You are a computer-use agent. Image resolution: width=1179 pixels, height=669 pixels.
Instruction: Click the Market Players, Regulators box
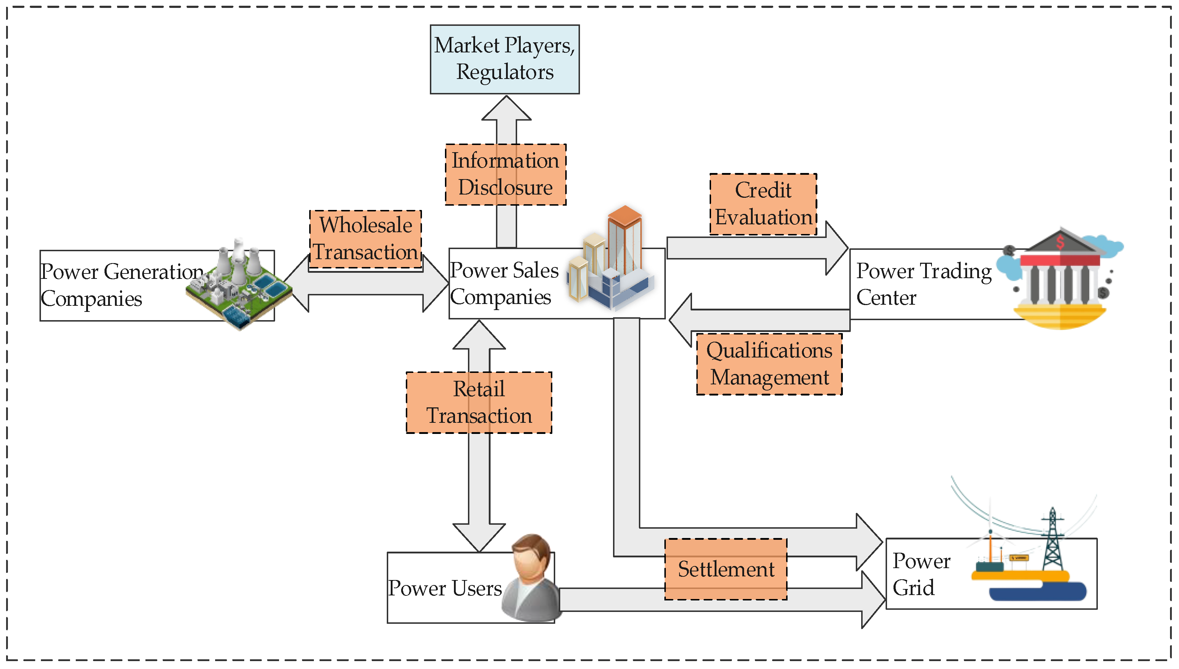click(504, 59)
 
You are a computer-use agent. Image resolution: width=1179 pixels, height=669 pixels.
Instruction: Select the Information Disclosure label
click(505, 174)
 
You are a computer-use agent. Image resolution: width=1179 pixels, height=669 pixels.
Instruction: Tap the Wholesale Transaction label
click(366, 238)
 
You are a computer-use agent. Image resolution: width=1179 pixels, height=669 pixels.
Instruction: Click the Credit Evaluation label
click(763, 203)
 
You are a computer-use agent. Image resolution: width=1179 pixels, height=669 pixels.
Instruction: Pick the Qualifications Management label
click(769, 364)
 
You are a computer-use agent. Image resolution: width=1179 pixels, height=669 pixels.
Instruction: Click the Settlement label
click(725, 569)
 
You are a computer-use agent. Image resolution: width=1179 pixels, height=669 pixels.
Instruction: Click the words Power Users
click(445, 588)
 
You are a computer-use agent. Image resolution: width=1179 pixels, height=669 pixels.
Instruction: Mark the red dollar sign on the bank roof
click(1060, 242)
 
